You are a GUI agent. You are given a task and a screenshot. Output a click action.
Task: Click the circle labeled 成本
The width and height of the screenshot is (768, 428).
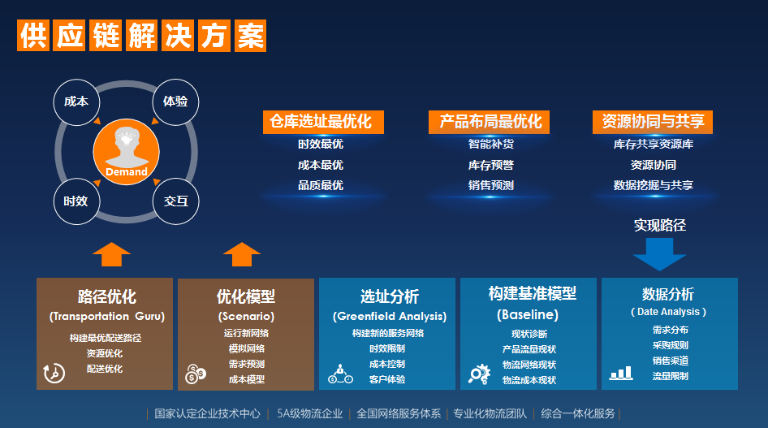coord(76,102)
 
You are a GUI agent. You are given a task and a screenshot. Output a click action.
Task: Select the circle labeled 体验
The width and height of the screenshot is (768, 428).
coord(175,102)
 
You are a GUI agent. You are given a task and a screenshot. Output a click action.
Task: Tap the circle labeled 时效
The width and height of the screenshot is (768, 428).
coord(76,201)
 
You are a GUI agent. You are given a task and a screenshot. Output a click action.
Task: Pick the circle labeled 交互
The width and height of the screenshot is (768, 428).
coord(175,201)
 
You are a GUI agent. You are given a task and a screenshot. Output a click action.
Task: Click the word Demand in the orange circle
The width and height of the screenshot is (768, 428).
coord(127,172)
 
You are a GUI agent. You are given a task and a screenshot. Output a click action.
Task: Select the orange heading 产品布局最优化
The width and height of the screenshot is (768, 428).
coord(489,122)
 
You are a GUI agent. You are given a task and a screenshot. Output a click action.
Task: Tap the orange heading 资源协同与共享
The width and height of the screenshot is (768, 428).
coord(653,122)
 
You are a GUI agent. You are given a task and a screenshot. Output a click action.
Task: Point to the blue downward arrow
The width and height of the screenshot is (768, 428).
coord(659,254)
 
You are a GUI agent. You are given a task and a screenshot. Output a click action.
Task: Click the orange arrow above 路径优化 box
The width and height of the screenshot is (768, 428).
coord(112,254)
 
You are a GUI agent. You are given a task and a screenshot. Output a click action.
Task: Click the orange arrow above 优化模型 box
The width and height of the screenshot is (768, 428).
coord(242,254)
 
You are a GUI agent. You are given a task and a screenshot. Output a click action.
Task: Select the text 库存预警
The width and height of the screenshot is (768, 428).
coord(491,165)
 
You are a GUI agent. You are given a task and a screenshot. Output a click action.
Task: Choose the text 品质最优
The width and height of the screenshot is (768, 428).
coord(321,185)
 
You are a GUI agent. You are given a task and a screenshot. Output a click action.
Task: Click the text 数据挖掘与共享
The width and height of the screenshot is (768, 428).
coord(654,185)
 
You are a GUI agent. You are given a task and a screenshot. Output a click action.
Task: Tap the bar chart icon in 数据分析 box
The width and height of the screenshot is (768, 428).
coord(621,373)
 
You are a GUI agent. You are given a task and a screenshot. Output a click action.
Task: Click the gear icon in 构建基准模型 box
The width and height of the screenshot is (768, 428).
coord(479,374)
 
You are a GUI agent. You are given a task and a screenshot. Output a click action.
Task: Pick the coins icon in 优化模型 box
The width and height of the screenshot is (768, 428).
coord(196,374)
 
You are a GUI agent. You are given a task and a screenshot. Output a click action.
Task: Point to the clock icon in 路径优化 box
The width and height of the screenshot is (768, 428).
coord(54,373)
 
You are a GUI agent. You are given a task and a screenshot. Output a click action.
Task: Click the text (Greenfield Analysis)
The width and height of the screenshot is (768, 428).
coord(390,317)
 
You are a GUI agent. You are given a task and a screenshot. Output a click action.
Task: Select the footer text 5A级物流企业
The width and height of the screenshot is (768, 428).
coord(309,414)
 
